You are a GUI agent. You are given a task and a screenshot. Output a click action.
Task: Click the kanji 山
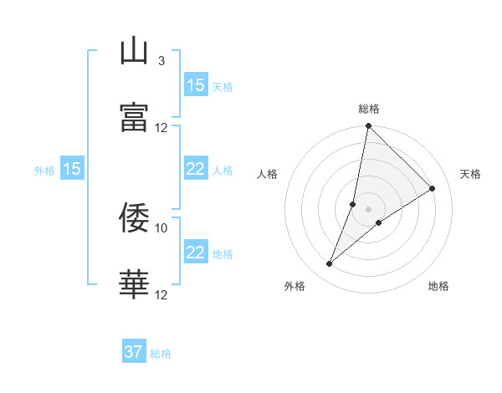click(135, 53)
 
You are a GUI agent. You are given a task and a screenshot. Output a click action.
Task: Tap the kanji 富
click(135, 118)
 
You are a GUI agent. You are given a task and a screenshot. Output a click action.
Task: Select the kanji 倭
click(135, 218)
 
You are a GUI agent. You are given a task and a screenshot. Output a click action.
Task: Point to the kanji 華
click(135, 285)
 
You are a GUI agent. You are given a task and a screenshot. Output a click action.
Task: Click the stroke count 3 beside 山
click(161, 61)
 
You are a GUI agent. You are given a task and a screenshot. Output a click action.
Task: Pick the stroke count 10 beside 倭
click(161, 227)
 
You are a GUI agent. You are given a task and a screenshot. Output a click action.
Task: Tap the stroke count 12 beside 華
click(161, 294)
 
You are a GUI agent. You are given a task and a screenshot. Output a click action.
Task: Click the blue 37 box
click(134, 352)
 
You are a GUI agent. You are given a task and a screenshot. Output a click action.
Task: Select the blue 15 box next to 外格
click(72, 169)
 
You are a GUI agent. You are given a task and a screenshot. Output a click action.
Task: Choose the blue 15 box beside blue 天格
click(196, 85)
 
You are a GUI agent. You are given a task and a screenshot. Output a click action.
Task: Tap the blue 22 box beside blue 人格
click(196, 169)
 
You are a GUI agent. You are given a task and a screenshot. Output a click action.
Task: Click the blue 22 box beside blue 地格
click(196, 253)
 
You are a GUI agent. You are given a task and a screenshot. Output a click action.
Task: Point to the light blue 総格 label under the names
click(161, 354)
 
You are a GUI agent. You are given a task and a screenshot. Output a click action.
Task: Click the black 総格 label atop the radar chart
click(369, 109)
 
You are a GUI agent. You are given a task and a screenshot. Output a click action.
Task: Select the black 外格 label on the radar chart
click(295, 286)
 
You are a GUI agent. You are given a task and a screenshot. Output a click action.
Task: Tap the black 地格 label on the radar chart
click(438, 286)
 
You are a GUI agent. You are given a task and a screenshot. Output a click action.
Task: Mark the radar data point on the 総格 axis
click(368, 126)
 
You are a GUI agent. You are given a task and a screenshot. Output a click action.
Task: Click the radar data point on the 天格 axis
click(433, 189)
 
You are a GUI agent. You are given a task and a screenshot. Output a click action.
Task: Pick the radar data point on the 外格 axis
click(330, 264)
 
